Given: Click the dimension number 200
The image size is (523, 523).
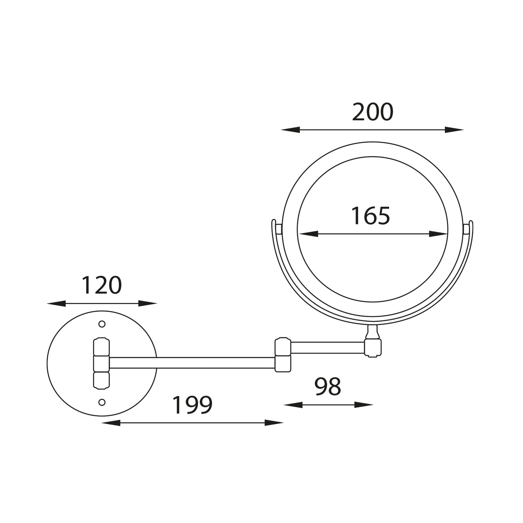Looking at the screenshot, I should click(x=372, y=113).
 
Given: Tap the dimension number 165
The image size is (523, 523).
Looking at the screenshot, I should click(x=371, y=216).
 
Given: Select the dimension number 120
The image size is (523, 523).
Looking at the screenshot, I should click(x=101, y=286).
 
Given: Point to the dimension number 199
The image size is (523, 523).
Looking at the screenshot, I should click(x=192, y=405).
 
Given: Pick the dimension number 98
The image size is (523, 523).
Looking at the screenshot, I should click(x=328, y=387).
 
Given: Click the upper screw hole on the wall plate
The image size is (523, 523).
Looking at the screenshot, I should click(x=102, y=324).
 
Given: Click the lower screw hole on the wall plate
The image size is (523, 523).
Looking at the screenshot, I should click(x=102, y=402).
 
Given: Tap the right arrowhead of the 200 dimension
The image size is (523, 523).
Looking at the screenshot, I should click(x=454, y=130).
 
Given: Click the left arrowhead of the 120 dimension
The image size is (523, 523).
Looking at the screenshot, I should click(x=56, y=303).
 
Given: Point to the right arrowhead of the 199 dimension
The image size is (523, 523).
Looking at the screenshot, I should click(x=274, y=422).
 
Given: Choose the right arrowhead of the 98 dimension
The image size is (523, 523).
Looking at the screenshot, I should click(x=364, y=405).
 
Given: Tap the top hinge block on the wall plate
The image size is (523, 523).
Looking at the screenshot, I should click(x=101, y=347).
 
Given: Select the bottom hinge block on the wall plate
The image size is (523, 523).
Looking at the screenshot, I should click(x=101, y=380).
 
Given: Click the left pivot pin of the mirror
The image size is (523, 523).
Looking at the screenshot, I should click(x=279, y=229).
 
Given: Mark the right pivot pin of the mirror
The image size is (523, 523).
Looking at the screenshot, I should click(x=467, y=229).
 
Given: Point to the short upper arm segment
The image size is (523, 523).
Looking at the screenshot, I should click(x=328, y=347).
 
